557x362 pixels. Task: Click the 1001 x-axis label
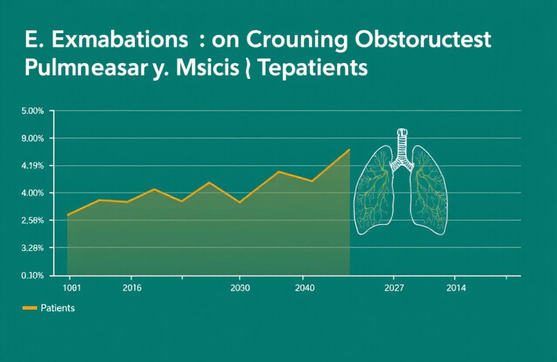(x=72, y=288)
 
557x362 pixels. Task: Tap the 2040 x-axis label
(x=303, y=288)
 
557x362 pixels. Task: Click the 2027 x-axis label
(x=394, y=288)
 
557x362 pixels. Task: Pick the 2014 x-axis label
(x=456, y=288)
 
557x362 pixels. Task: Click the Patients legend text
(x=58, y=308)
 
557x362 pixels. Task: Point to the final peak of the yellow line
(x=349, y=149)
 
